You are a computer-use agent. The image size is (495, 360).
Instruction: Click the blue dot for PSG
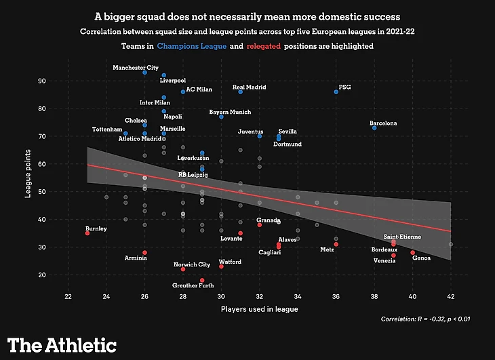[x=336, y=92]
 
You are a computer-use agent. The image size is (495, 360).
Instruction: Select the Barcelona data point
[x=374, y=127]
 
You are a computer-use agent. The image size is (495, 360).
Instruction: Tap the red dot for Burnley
[x=87, y=233]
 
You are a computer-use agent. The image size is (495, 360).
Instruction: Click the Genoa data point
[x=412, y=252]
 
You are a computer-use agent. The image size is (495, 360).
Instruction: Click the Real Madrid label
[x=249, y=87]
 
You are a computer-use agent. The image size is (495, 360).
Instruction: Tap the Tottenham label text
[x=107, y=129]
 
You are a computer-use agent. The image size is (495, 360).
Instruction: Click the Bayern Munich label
[x=230, y=112]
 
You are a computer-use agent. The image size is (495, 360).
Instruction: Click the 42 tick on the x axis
[x=451, y=297]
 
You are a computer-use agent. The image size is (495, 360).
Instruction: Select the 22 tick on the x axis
[x=68, y=297]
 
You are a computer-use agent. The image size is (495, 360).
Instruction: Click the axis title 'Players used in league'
[x=260, y=309]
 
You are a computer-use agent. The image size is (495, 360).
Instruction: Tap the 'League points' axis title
[x=28, y=178]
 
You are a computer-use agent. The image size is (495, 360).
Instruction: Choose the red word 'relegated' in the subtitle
[x=265, y=46]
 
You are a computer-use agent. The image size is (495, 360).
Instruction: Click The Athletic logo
[x=62, y=344]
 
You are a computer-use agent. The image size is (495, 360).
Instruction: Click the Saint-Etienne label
[x=401, y=237]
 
